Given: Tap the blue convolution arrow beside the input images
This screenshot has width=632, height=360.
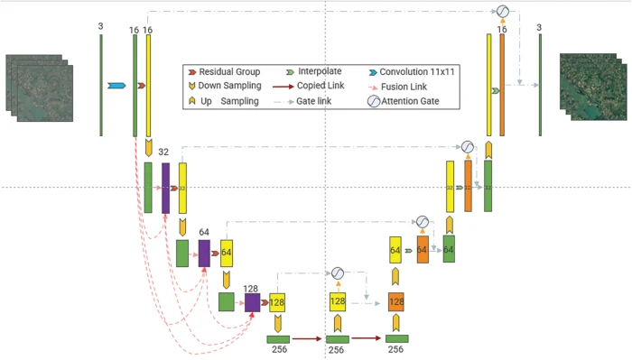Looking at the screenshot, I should (116, 86).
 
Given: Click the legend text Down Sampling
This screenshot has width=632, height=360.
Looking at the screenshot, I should (230, 86).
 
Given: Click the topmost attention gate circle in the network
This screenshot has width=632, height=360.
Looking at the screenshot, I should (503, 11).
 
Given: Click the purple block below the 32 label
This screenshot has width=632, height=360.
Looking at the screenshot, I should (166, 188).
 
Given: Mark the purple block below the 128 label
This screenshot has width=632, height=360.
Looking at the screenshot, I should (252, 302).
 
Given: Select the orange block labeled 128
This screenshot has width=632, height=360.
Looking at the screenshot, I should (395, 302).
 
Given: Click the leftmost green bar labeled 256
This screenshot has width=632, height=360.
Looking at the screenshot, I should (279, 338).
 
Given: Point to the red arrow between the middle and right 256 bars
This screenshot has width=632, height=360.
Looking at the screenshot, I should (367, 338).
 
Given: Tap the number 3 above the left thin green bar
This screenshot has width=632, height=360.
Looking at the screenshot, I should (101, 27).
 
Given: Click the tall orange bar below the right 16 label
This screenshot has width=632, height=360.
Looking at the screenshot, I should (502, 86).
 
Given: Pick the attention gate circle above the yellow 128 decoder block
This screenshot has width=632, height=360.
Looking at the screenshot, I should (337, 272).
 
